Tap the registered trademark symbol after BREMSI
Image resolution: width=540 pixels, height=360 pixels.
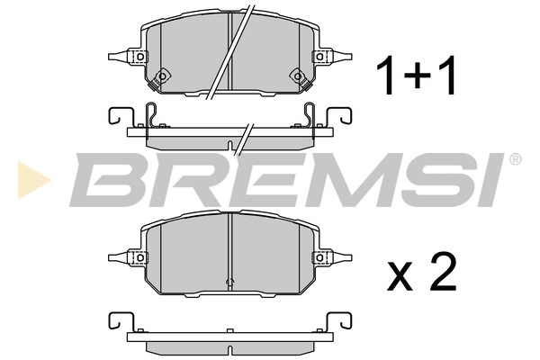pyautogui.click(x=515, y=160)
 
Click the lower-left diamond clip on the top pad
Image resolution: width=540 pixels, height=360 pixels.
pyautogui.click(x=162, y=76)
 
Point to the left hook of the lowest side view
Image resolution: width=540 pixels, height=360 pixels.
pyautogui.click(x=115, y=322)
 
